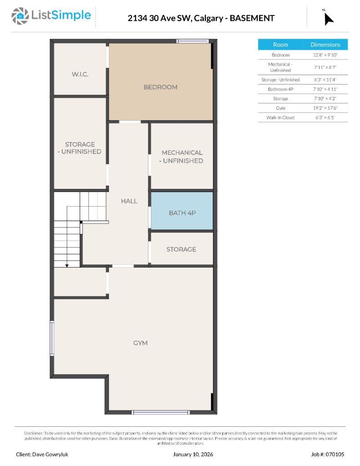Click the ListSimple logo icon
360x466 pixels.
20,16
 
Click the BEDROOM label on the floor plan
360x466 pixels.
160,87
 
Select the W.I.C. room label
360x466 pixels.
80,74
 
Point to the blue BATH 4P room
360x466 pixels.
182,212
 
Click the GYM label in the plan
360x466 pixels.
140,343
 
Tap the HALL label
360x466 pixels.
129,201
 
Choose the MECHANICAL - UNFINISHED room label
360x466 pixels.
182,157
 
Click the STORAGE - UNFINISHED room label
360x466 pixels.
80,148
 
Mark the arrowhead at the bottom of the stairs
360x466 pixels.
67,265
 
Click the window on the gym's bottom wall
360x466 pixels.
154,412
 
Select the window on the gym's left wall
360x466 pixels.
52,338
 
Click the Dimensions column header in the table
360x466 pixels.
325,45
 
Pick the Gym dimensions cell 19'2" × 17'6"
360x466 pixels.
325,108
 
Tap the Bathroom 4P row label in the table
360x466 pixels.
280,89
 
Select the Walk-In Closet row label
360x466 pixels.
280,117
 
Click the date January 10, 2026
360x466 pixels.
193,454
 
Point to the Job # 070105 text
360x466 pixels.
328,454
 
